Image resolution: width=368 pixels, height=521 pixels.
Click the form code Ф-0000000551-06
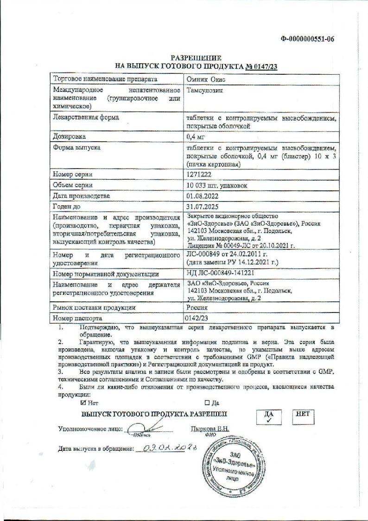point(307,39)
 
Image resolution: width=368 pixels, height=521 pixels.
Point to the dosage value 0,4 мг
point(195,137)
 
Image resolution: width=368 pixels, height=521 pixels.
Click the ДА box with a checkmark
point(269,417)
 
